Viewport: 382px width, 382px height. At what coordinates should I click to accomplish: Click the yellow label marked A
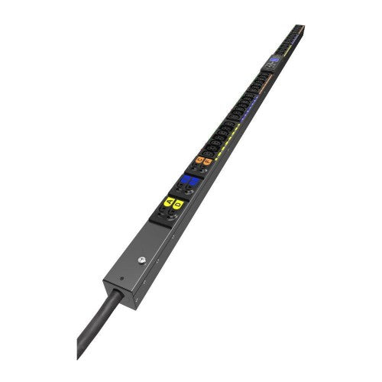tap(169, 202)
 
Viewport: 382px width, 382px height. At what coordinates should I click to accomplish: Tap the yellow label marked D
tap(178, 204)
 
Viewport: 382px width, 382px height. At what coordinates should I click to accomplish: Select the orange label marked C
tap(199, 160)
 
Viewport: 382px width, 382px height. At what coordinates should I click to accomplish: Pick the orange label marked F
tap(207, 161)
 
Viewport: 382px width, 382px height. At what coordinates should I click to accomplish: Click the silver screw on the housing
tap(142, 261)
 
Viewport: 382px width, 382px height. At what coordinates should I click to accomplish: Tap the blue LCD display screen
tap(274, 59)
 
